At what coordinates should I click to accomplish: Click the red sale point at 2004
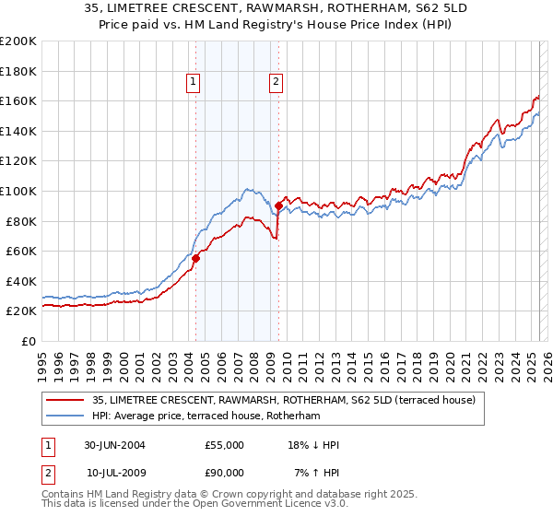(x=195, y=258)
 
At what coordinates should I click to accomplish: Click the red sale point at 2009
(x=277, y=205)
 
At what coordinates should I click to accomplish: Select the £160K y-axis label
(x=18, y=100)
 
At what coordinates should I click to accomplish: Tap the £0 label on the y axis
(x=28, y=341)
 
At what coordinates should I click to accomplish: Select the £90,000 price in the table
(x=225, y=473)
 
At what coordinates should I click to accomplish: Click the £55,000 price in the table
(x=225, y=445)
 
